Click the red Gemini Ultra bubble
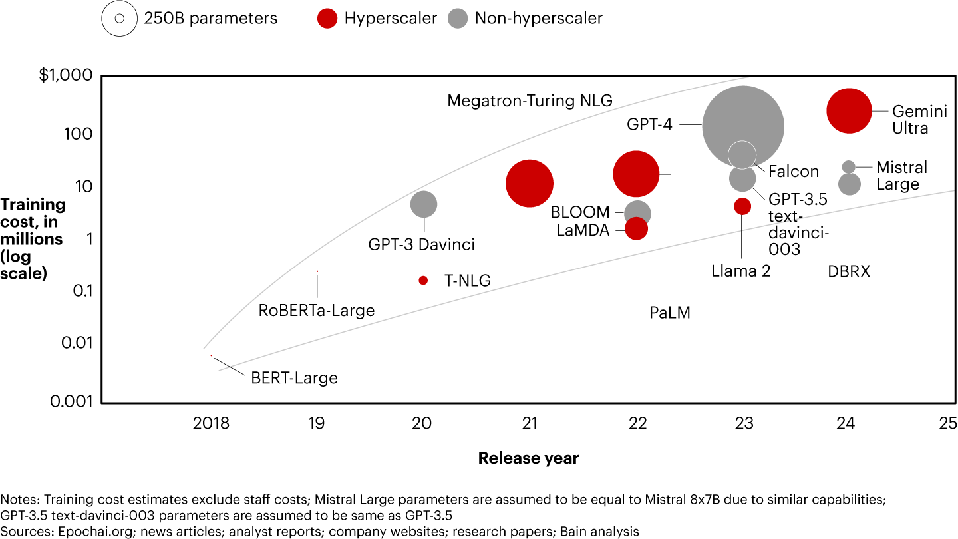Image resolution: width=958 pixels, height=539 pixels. coord(849,111)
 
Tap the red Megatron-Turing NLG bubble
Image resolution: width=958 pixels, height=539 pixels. coord(530,184)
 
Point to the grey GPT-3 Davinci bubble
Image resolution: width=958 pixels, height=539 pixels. coord(424,204)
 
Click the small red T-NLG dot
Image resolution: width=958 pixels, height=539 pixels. coord(423,280)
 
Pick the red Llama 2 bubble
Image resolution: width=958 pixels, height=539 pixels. coord(742,206)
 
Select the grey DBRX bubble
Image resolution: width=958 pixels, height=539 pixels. coord(849,184)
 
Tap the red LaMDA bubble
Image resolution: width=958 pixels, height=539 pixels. coord(637,229)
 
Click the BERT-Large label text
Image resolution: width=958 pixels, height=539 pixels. coord(294,378)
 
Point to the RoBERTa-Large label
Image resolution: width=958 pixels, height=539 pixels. coord(317,310)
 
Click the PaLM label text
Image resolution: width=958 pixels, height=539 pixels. coord(670,313)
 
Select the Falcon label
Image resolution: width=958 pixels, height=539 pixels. coord(794,172)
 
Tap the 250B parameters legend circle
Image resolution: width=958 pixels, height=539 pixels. coord(119,18)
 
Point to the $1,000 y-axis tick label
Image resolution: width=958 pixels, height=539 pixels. coord(65,76)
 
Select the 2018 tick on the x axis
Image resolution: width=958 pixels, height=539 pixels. coord(211,423)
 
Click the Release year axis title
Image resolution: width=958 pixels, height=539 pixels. coord(528,458)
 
